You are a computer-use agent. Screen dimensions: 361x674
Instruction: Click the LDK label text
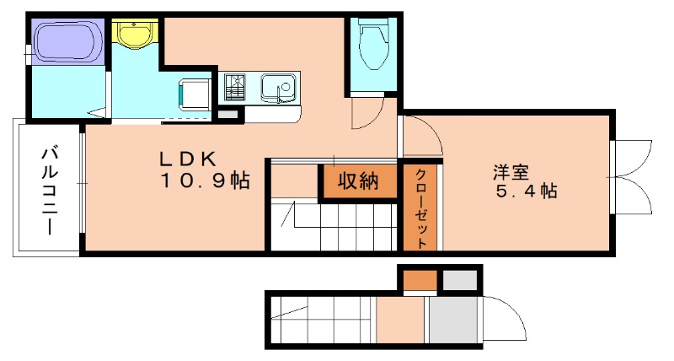[x=190, y=159]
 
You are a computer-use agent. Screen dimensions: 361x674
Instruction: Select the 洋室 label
[x=511, y=171]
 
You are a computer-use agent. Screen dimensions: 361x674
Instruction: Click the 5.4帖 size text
[x=524, y=191]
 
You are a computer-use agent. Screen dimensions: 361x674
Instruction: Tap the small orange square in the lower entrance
[x=419, y=280]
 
